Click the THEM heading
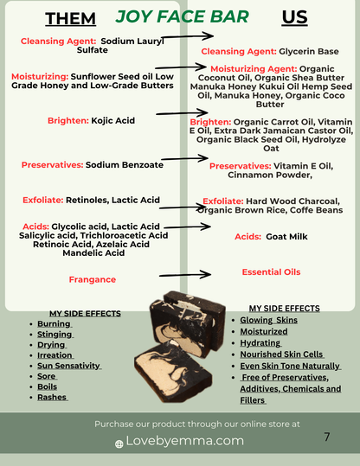70,19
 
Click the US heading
294,17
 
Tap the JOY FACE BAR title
182,16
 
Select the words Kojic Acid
113,121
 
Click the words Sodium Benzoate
125,165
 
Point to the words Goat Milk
286,237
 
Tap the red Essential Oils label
271,272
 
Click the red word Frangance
93,279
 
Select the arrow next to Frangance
185,275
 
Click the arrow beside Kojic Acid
182,113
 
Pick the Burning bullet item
54,323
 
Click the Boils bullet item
47,386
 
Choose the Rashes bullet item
53,398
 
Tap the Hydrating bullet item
260,343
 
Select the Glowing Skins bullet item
268,320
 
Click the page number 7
326,437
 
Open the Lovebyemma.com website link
185,441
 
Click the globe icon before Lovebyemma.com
119,444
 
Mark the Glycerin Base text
309,51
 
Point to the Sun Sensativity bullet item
69,366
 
